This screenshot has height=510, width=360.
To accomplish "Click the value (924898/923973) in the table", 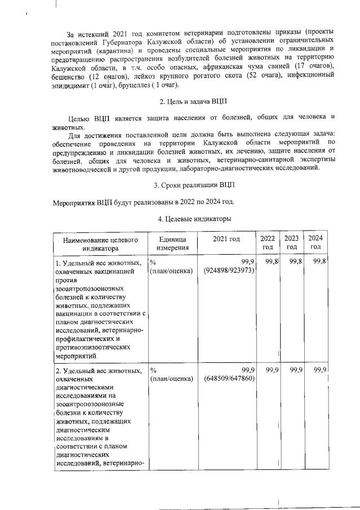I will (x=230, y=270).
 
